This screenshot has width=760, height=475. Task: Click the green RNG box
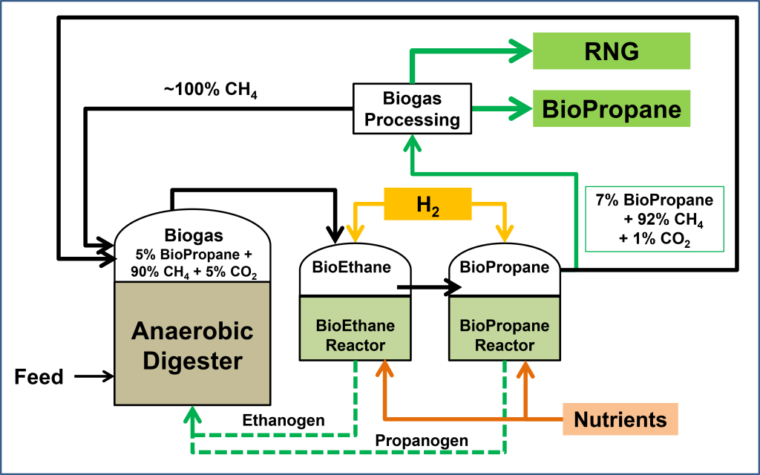tap(612, 51)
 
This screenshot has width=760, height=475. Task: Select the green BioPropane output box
tap(612, 109)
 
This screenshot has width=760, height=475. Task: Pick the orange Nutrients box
tap(620, 419)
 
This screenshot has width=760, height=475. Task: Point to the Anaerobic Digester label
tap(192, 345)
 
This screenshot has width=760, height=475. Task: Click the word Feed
tap(39, 377)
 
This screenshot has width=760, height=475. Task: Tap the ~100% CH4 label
tap(210, 91)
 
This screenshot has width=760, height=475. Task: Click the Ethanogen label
tap(284, 421)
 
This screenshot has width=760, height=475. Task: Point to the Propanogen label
tap(422, 441)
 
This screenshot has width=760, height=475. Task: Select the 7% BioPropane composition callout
tap(644, 220)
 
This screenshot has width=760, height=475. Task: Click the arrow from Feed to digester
tap(94, 376)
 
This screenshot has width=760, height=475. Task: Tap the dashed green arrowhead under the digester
tap(193, 416)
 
